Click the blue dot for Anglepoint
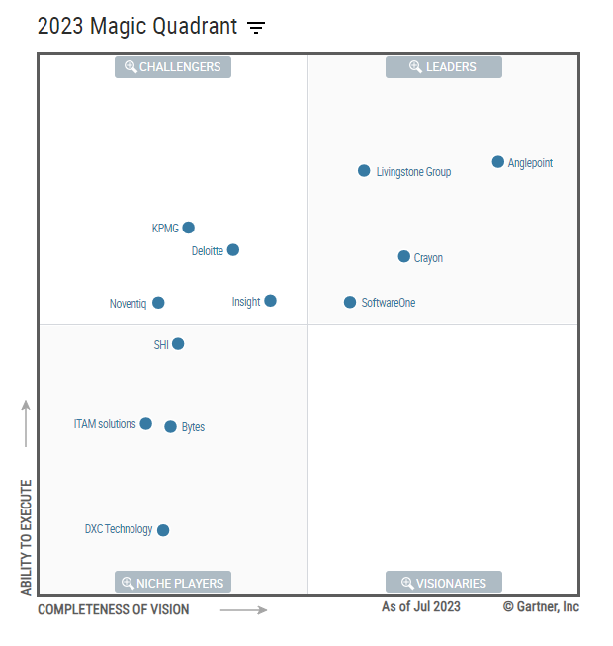[x=498, y=162]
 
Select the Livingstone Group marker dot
[x=364, y=171]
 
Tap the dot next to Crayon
[x=403, y=256]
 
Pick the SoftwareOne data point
[x=350, y=302]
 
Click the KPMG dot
[x=189, y=228]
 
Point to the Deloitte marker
[x=233, y=250]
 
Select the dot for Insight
[x=271, y=301]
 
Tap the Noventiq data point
[x=158, y=303]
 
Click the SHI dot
[x=178, y=344]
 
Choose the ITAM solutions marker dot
[x=146, y=423]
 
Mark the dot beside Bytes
[x=170, y=426]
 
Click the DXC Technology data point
[x=163, y=530]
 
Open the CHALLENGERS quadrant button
[x=173, y=67]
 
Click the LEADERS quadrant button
[x=443, y=67]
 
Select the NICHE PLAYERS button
[x=173, y=583]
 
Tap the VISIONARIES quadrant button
[x=443, y=583]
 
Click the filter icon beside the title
[x=256, y=28]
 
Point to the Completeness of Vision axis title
[x=114, y=610]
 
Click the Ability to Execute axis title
[x=27, y=537]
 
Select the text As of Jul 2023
[x=421, y=606]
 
